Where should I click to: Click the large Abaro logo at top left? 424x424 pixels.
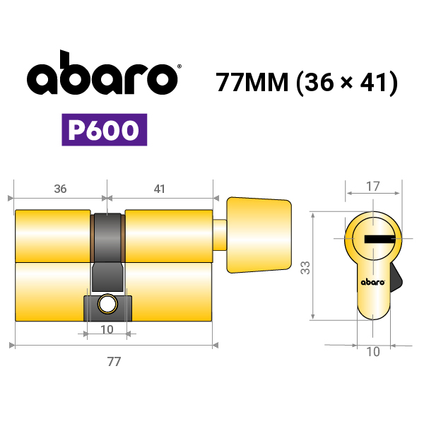tap(102, 73)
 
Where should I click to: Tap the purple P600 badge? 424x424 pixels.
tap(105, 130)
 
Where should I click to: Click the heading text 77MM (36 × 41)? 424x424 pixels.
tap(307, 83)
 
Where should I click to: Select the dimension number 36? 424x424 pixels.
tap(60, 189)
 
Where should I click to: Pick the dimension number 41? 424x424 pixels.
tap(159, 189)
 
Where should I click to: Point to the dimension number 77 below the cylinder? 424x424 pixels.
tap(114, 362)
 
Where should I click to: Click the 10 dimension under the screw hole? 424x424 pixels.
tap(107, 329)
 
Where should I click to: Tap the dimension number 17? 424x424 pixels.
tap(373, 187)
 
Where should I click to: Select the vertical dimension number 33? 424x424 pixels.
tap(305, 267)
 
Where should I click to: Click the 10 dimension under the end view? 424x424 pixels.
tap(373, 352)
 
